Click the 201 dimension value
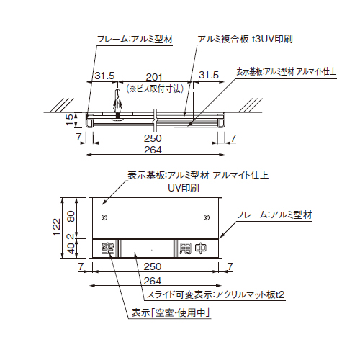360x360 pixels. tap(153, 76)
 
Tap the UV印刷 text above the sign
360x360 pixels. tap(184, 187)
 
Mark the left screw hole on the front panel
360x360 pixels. tap(105, 217)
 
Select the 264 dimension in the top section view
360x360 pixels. tap(152, 150)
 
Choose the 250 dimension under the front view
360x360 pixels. tap(153, 267)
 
